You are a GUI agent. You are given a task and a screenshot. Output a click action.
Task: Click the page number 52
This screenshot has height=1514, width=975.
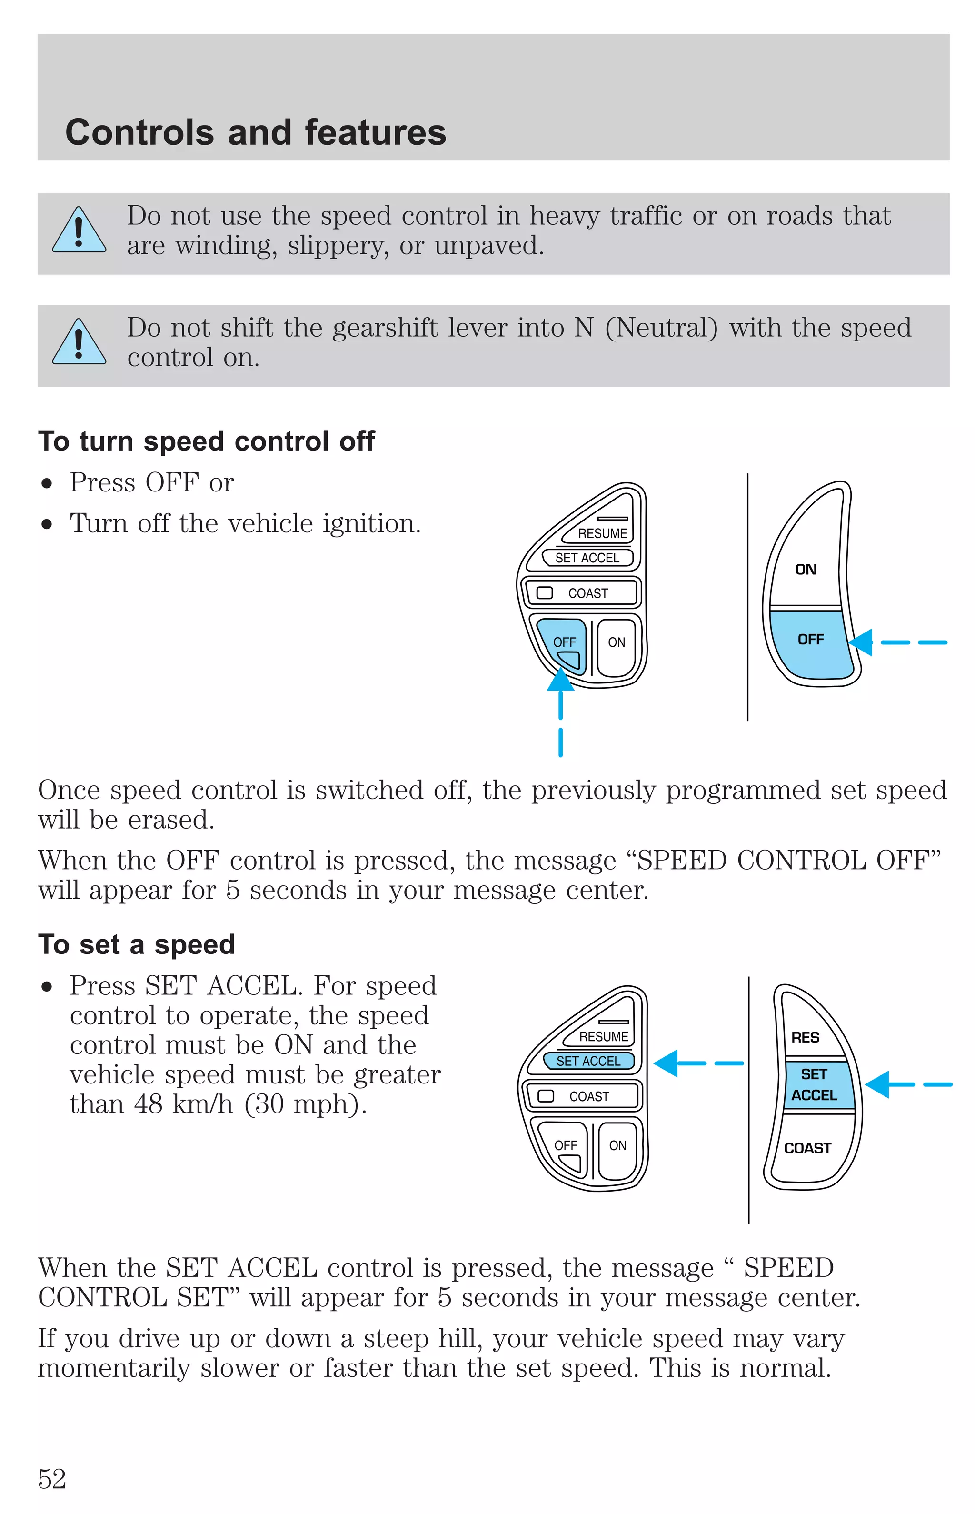[52, 1479]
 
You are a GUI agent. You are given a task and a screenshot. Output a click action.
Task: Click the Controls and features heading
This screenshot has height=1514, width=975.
[256, 132]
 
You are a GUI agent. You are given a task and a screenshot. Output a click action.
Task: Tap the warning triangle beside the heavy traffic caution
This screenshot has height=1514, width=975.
[79, 231]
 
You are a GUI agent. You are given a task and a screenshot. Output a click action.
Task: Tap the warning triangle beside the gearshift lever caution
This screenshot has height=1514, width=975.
[79, 342]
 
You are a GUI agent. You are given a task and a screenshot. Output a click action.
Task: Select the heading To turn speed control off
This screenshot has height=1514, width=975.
[207, 441]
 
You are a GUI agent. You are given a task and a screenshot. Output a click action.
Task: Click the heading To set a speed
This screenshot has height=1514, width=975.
[137, 944]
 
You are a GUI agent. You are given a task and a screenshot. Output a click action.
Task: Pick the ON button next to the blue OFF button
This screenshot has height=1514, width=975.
[616, 643]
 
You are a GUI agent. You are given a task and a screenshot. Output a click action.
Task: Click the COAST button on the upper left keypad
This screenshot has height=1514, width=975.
[587, 593]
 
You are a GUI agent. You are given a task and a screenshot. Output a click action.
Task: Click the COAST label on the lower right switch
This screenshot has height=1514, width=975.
[807, 1149]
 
